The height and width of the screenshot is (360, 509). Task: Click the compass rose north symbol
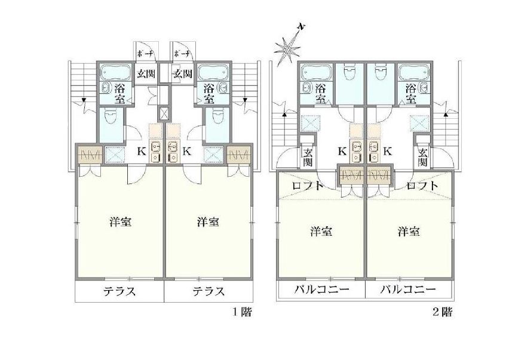tap(287, 48)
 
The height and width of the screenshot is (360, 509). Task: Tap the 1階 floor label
tap(242, 312)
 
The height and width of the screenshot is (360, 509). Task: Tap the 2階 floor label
tap(443, 312)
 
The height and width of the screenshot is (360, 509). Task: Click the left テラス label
tap(119, 291)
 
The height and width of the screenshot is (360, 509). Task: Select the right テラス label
tap(208, 291)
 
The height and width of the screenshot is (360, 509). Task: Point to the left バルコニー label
tap(321, 289)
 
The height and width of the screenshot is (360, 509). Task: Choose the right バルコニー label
tap(408, 289)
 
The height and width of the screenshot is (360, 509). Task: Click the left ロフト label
tap(308, 186)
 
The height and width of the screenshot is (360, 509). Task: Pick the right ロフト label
tap(422, 186)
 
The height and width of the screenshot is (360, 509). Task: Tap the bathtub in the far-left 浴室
tap(115, 72)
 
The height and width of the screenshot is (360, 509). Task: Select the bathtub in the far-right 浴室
tap(414, 72)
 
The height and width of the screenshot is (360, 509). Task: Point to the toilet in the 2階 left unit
tap(349, 73)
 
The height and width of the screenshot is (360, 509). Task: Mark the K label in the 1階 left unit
tap(141, 152)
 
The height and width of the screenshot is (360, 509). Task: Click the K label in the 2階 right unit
tap(387, 152)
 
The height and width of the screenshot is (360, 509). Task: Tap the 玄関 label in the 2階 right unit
tap(422, 157)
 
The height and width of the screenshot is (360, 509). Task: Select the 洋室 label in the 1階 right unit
tap(208, 222)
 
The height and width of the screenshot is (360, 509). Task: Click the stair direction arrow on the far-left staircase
tap(84, 100)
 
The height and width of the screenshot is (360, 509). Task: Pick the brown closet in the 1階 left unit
tap(90, 155)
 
